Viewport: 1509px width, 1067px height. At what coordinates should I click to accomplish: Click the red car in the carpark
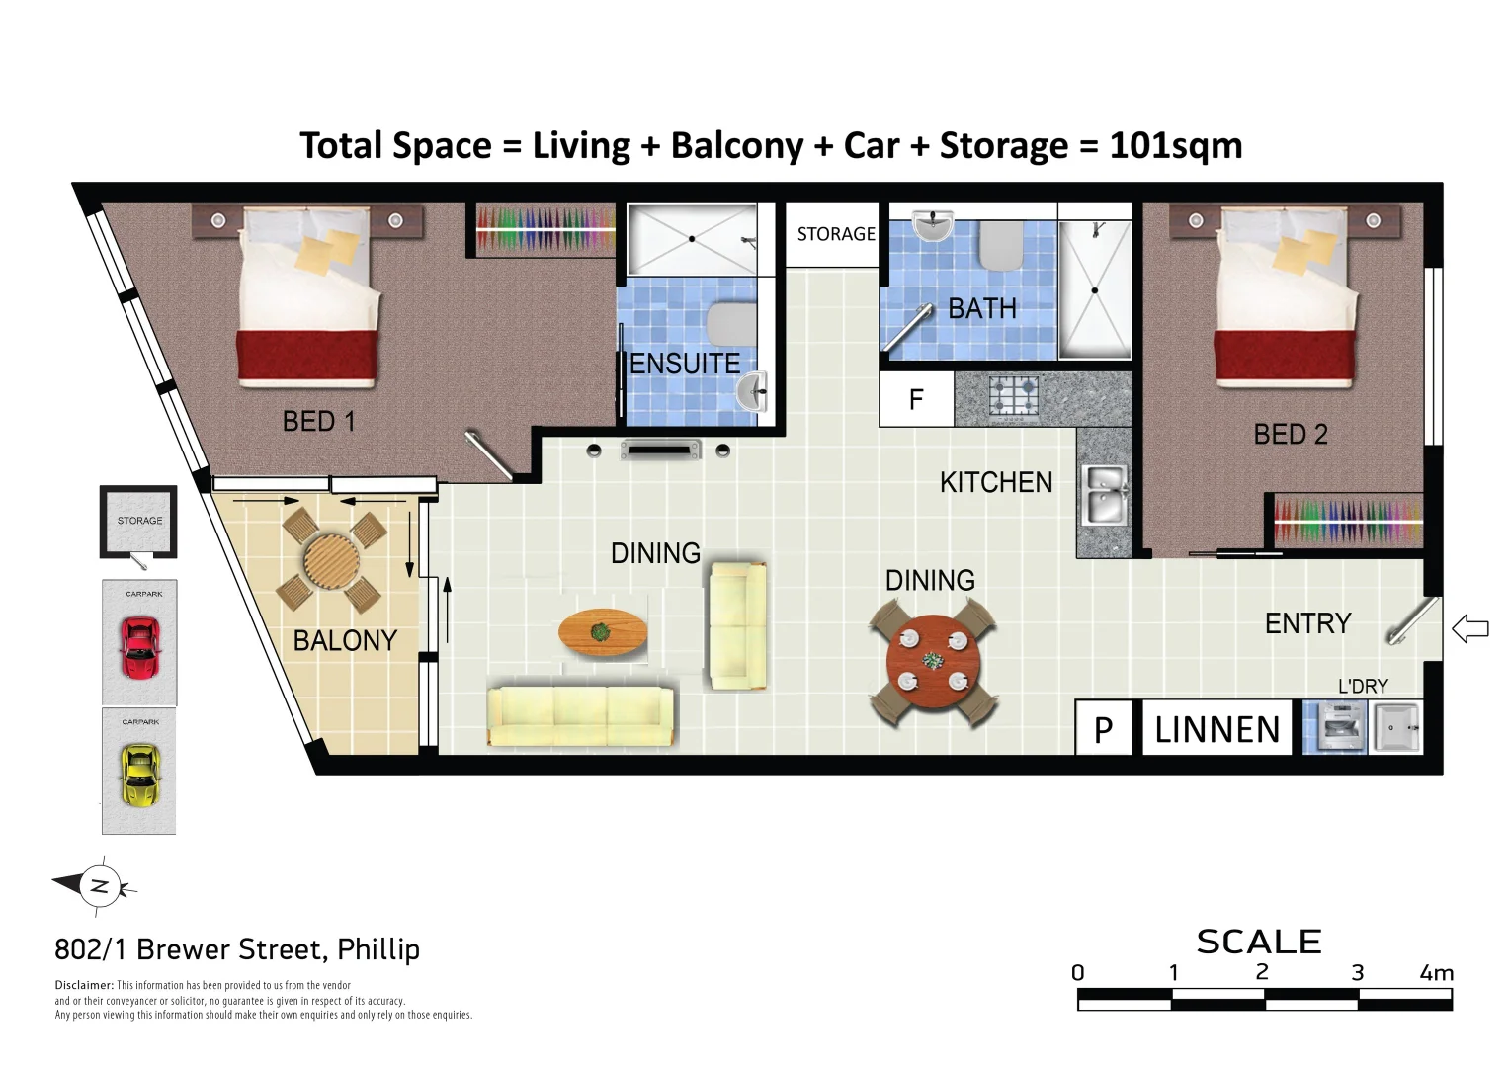pos(140,647)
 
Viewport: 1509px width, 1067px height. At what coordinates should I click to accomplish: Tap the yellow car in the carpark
pos(140,775)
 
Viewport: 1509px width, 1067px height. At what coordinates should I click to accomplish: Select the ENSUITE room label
pos(685,364)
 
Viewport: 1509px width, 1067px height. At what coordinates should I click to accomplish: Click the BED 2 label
pos(1290,434)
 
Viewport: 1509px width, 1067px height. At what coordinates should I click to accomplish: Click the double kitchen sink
pos(1105,495)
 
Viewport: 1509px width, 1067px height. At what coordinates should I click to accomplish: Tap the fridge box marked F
pos(916,399)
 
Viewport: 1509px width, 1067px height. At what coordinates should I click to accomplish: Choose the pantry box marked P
pos(1104,728)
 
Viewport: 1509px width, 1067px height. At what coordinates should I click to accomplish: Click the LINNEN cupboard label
pos(1217,729)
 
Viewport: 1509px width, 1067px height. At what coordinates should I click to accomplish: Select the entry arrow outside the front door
pos(1469,628)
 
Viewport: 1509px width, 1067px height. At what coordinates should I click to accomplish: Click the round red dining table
pos(933,661)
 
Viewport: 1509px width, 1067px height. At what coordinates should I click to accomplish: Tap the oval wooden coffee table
pos(603,632)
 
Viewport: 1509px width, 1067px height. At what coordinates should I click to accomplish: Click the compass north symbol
pos(98,886)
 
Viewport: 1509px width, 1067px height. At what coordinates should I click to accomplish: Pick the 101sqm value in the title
pos(1176,145)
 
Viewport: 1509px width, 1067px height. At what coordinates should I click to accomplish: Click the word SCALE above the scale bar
pos(1259,942)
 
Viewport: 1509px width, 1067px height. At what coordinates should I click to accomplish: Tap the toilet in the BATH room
pos(1000,246)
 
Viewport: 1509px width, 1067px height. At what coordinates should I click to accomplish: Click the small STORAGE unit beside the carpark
pos(138,522)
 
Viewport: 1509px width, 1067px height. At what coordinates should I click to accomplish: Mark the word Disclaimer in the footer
pos(84,985)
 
